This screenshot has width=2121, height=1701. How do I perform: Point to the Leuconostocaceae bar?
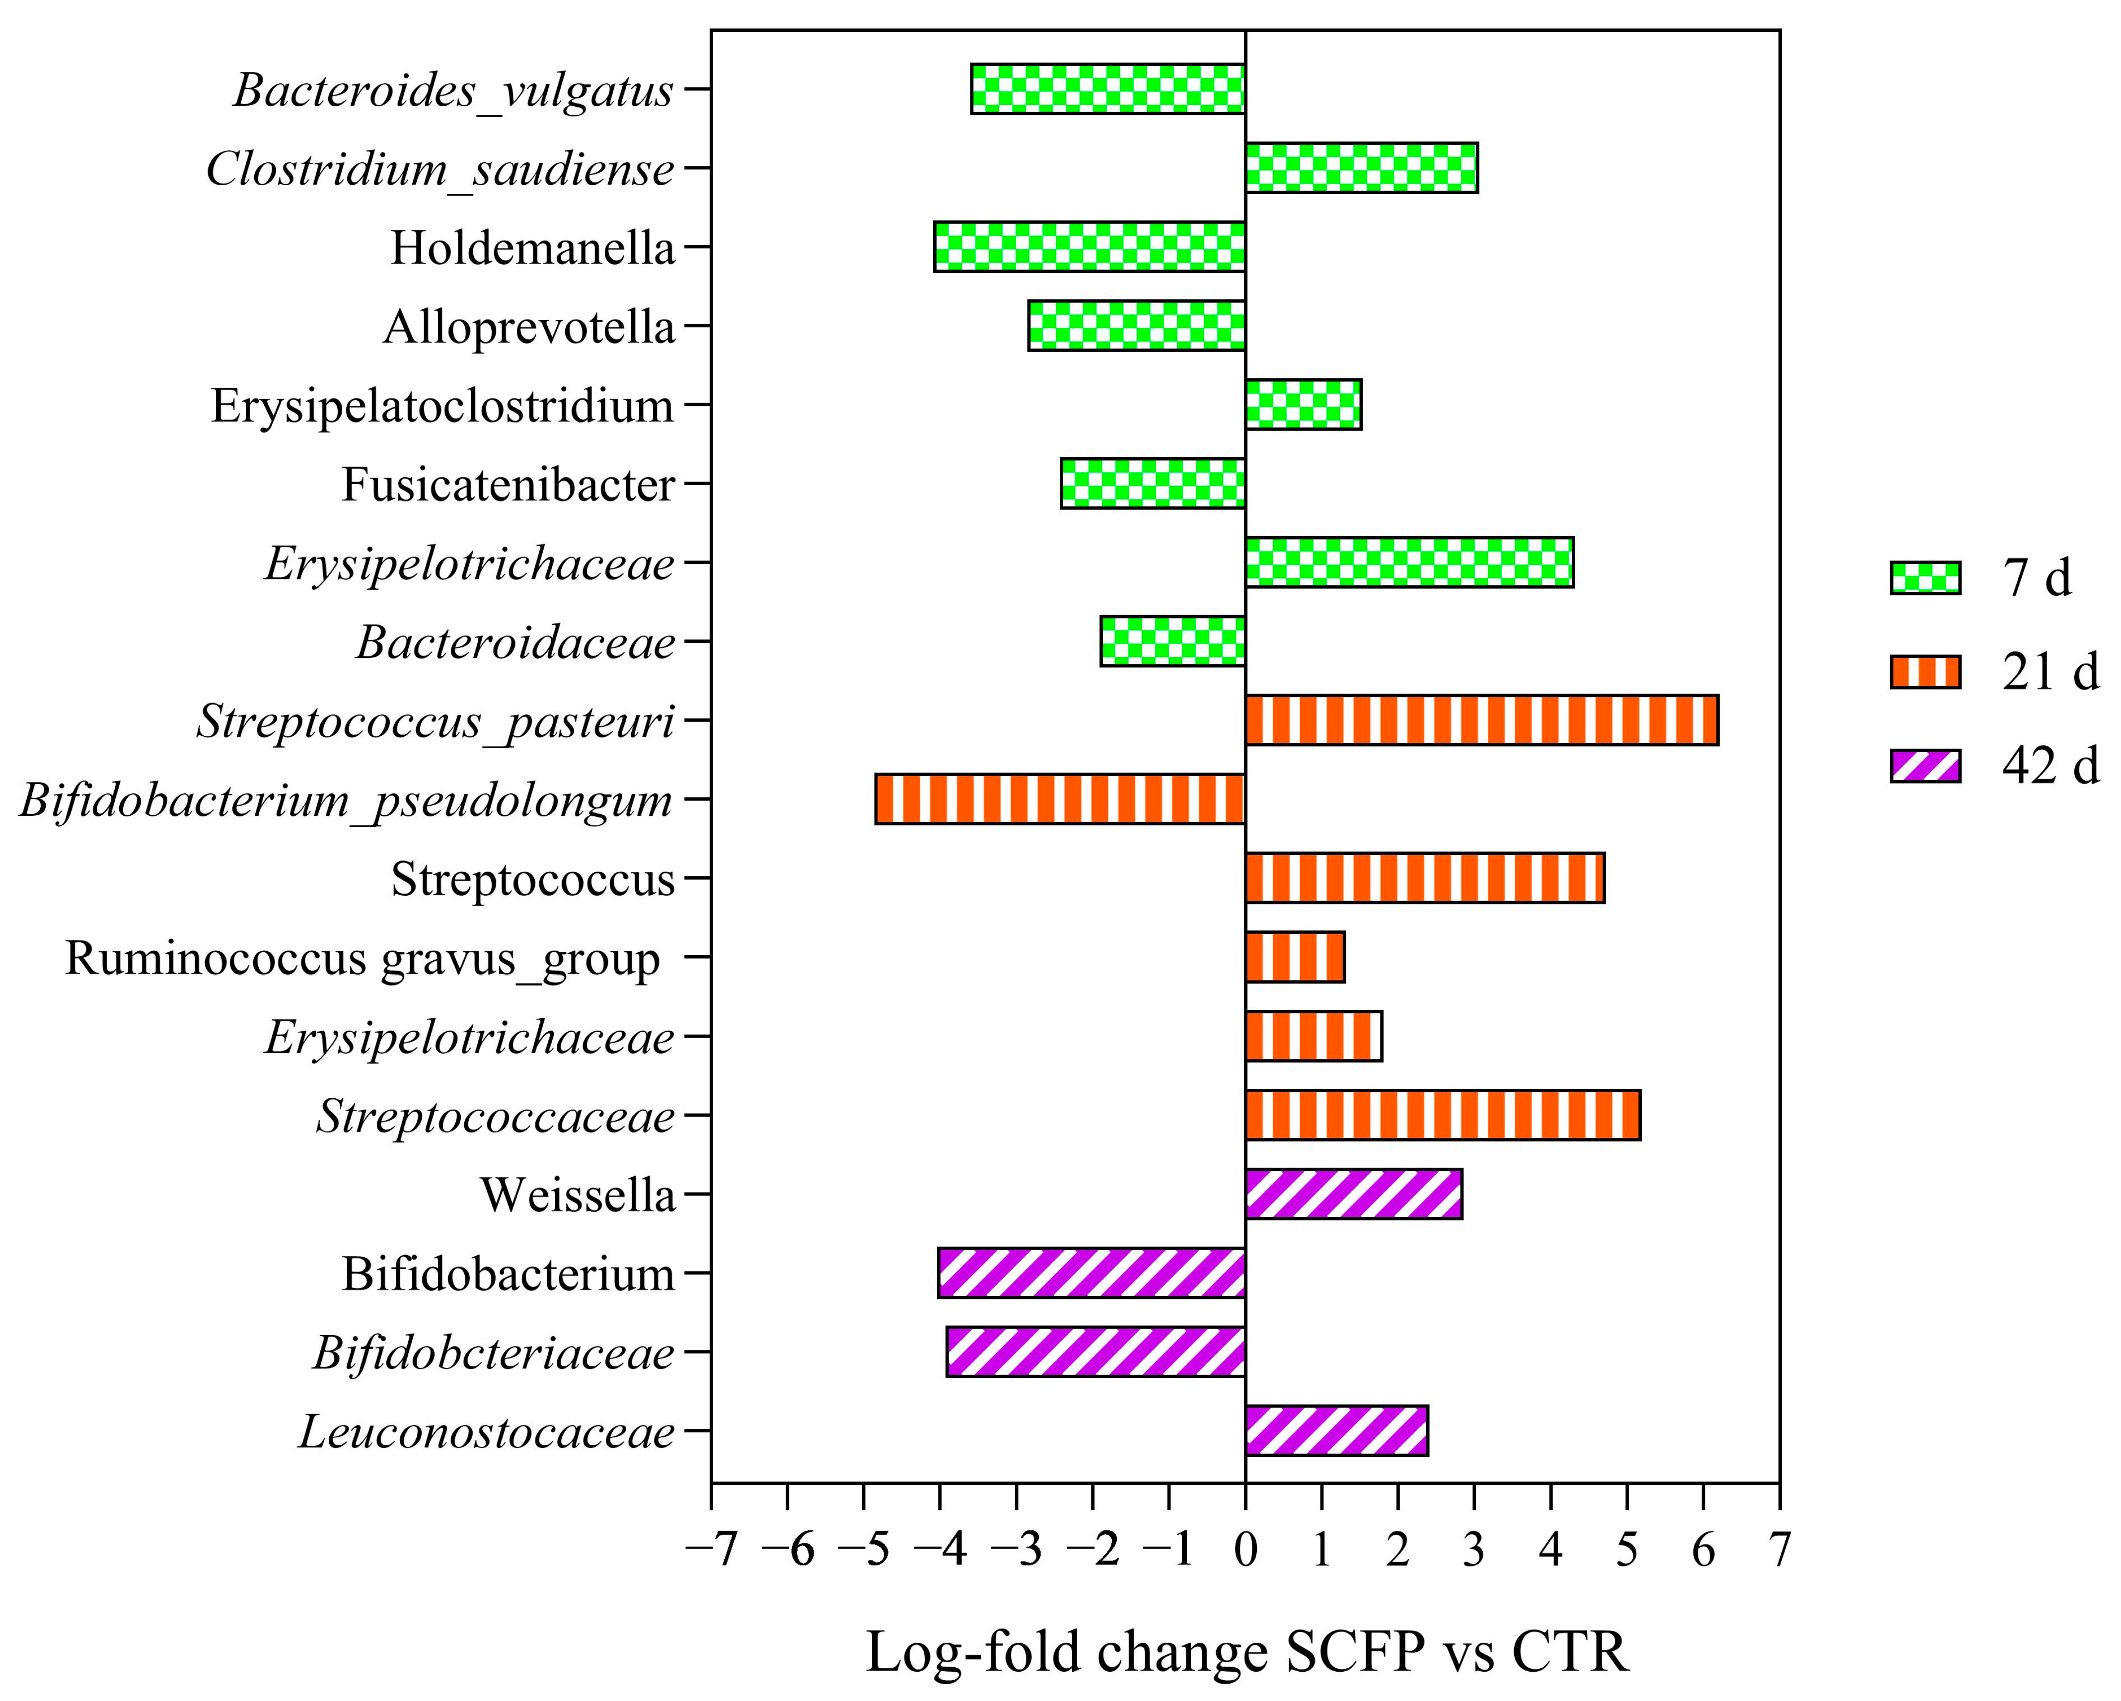tap(1336, 1430)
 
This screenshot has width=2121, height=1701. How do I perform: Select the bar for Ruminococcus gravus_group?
tap(1295, 957)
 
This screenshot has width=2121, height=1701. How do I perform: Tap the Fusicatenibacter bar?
tap(1153, 483)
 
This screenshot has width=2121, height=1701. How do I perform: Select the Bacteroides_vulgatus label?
tap(453, 90)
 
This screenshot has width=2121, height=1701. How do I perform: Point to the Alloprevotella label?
tap(529, 327)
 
